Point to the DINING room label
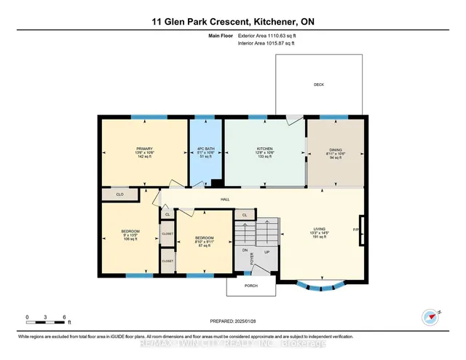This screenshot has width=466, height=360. pos(335,152)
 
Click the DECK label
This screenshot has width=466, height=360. pos(318,85)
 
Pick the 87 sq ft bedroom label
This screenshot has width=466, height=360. pos(204,242)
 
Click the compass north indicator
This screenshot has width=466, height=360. pos(432,316)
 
